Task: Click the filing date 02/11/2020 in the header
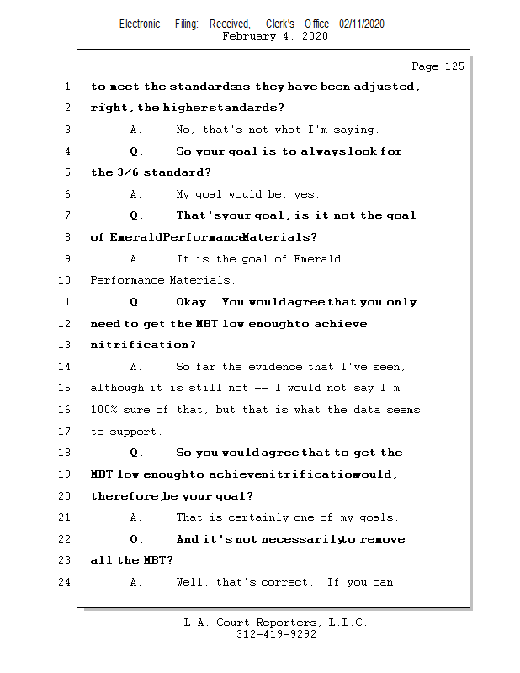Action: [362, 24]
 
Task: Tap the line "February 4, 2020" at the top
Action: [275, 36]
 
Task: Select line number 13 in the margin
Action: [66, 345]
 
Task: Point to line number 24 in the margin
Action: [66, 582]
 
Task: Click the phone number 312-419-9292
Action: [276, 634]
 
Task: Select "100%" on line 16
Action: [103, 410]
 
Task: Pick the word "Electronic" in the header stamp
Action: [139, 24]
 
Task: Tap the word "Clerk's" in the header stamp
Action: [280, 24]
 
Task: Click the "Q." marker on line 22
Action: [136, 539]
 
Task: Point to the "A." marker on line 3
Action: [136, 130]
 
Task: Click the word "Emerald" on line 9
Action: [316, 259]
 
